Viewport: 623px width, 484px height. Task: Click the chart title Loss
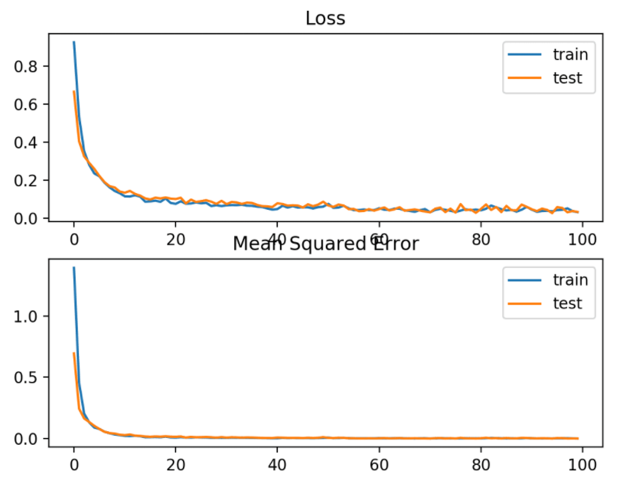pos(325,18)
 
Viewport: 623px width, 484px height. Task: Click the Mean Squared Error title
pos(325,244)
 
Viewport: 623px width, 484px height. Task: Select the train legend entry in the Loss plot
pos(570,54)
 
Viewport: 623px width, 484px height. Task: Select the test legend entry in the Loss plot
pos(567,77)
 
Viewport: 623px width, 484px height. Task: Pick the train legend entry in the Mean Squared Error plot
pos(570,280)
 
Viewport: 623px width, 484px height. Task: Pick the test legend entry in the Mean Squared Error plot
pos(567,303)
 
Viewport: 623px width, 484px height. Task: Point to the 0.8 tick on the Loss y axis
pos(28,67)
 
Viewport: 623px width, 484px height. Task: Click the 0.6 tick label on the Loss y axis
pos(28,104)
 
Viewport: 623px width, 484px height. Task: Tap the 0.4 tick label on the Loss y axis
pos(28,142)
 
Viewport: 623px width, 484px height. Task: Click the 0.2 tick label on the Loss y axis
pos(28,181)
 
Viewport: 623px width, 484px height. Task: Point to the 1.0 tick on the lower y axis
pos(28,316)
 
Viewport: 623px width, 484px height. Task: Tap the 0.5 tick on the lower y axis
pos(28,378)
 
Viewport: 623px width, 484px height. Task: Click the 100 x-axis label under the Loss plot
pos(582,237)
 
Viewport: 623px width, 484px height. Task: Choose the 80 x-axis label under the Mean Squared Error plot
pos(480,463)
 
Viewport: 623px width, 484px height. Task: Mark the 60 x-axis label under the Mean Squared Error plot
pos(378,463)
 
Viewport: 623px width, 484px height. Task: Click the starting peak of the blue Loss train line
pos(74,43)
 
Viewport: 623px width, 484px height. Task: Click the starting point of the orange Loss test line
pos(74,92)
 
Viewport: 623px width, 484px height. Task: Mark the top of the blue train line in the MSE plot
pos(74,268)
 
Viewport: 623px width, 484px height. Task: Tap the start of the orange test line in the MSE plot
pos(74,354)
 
